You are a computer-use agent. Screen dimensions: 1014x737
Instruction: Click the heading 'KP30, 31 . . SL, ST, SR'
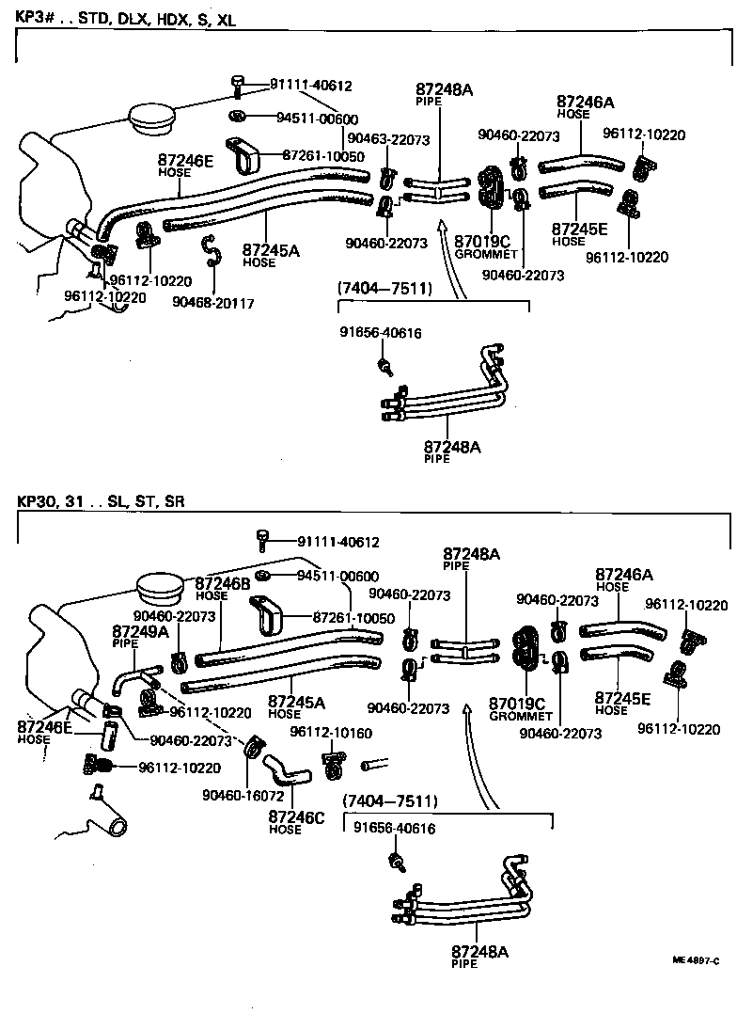pos(101,500)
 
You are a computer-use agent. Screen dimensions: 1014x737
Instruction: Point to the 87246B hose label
pos(222,583)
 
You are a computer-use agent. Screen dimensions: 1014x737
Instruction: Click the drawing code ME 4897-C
pos(696,960)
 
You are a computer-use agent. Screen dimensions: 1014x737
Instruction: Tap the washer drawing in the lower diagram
pos(264,576)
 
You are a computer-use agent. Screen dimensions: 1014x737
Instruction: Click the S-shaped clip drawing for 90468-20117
pos(212,251)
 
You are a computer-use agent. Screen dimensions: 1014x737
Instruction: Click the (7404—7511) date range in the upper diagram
pos(384,289)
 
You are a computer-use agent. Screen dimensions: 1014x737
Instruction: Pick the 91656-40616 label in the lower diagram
pos(395,829)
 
